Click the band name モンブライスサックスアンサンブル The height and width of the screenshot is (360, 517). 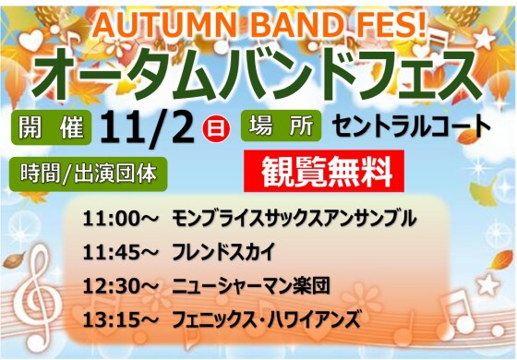click(294, 220)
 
